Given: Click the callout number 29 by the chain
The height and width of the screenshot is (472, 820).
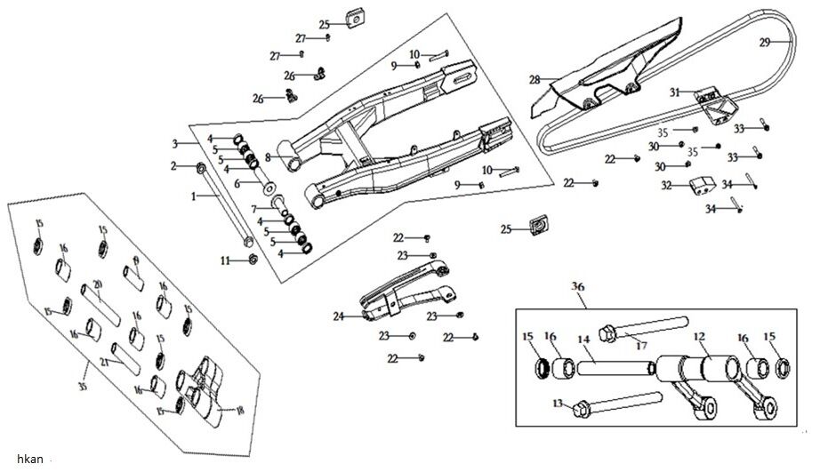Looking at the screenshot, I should [765, 42].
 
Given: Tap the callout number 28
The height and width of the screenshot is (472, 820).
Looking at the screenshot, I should [535, 80].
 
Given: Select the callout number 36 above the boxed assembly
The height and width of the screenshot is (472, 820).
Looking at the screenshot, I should [578, 288].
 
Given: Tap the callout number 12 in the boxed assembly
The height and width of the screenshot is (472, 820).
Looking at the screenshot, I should [698, 338].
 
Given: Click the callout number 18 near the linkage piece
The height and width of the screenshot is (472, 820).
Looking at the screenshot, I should [237, 409].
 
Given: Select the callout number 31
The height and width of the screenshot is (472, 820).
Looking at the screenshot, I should [675, 92].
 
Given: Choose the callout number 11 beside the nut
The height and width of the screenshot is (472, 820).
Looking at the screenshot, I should [226, 260].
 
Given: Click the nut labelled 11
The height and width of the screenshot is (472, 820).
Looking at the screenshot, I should [252, 260].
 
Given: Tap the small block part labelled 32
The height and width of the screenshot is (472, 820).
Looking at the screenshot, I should [702, 187].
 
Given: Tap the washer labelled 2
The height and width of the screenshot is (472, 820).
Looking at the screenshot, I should [201, 167].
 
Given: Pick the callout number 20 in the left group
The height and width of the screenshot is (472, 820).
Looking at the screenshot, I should [97, 284].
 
